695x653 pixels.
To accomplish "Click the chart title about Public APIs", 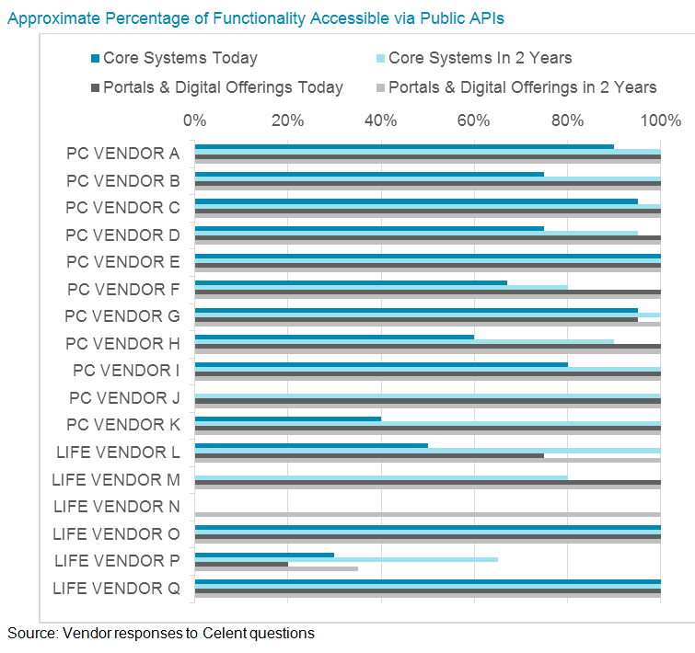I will click(x=255, y=18).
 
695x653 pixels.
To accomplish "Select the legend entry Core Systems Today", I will click(x=180, y=58).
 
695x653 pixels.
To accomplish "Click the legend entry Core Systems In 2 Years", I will click(x=480, y=58).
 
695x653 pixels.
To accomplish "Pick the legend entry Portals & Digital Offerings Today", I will click(x=223, y=87).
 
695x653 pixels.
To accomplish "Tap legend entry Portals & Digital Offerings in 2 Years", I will click(x=522, y=87).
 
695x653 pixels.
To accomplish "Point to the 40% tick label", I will click(x=380, y=120).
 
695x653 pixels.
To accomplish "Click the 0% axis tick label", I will click(x=194, y=120).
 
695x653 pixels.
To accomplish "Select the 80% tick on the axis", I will click(x=567, y=120).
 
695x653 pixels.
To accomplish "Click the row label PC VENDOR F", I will click(x=122, y=289).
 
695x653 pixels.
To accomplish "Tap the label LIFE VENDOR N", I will click(x=116, y=506).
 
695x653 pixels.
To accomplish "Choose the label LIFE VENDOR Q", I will click(x=116, y=588).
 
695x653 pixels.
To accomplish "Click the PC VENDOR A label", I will click(x=122, y=153).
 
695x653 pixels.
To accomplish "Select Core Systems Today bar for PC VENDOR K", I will click(x=287, y=418).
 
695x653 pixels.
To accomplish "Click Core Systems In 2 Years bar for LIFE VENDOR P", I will click(x=346, y=559).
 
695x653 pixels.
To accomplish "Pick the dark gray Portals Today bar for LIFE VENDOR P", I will click(x=241, y=564).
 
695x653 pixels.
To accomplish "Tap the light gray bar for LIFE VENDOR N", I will click(x=427, y=515).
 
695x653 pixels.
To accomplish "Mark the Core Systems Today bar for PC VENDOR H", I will click(x=334, y=337).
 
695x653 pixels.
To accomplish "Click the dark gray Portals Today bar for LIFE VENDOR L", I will click(x=369, y=455).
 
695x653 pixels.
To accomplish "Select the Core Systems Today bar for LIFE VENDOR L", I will click(x=311, y=445).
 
